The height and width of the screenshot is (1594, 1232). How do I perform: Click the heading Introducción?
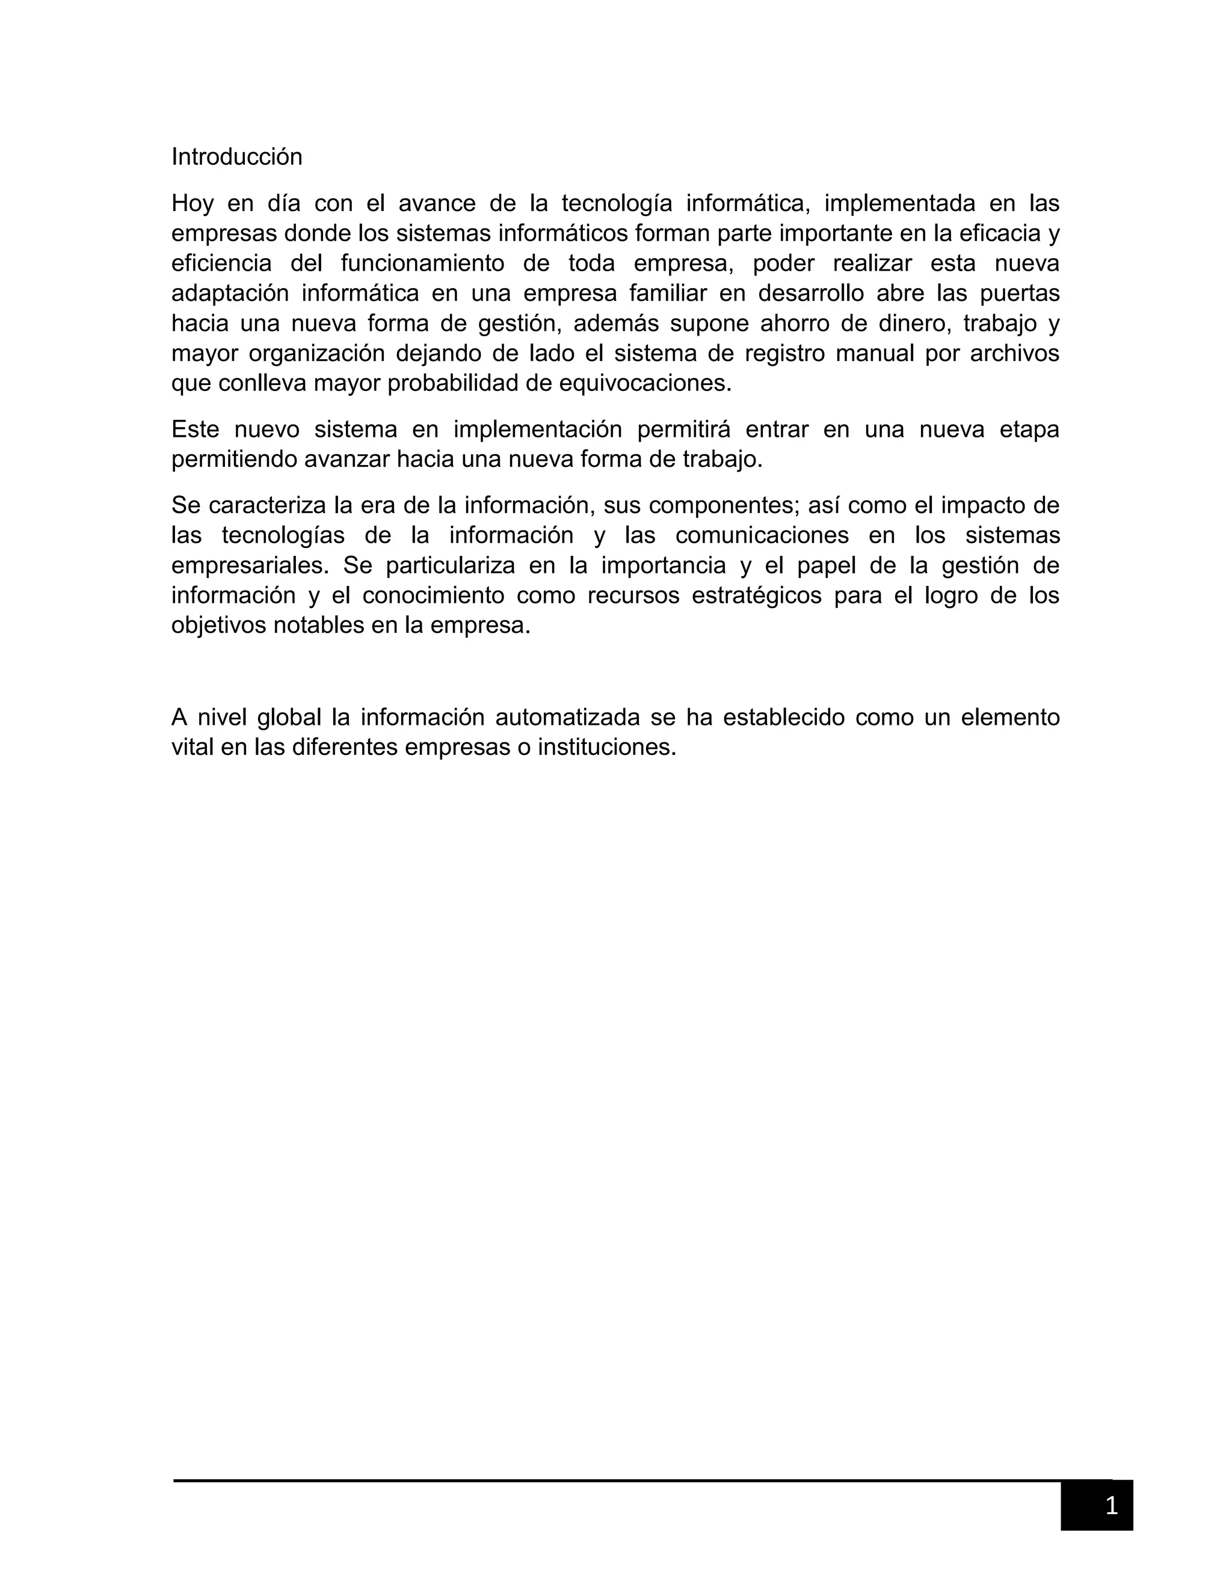pyautogui.click(x=236, y=157)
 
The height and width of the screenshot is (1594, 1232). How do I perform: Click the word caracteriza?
pyautogui.click(x=267, y=505)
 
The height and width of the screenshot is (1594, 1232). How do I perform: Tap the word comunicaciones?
pyautogui.click(x=762, y=535)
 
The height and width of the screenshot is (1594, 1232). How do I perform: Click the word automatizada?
pyautogui.click(x=567, y=718)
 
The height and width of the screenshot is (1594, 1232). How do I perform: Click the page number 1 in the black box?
pyautogui.click(x=1111, y=1505)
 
